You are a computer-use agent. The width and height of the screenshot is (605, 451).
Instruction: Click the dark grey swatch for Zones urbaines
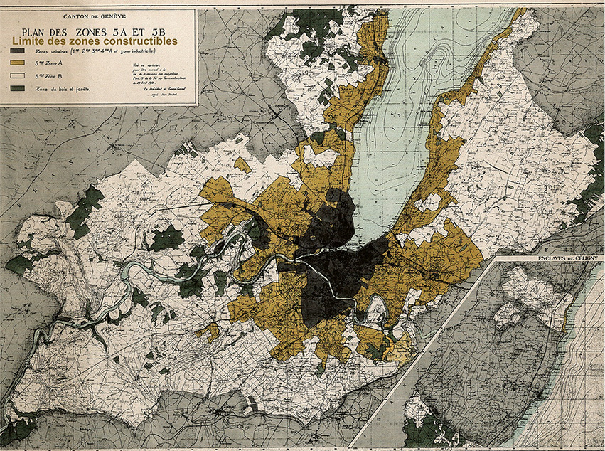(x=16, y=51)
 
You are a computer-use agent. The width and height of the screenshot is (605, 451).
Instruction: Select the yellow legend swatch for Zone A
(x=16, y=63)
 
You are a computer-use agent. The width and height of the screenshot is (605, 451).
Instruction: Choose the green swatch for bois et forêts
(x=16, y=88)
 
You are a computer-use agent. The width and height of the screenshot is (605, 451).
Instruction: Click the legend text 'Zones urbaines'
(x=46, y=51)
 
